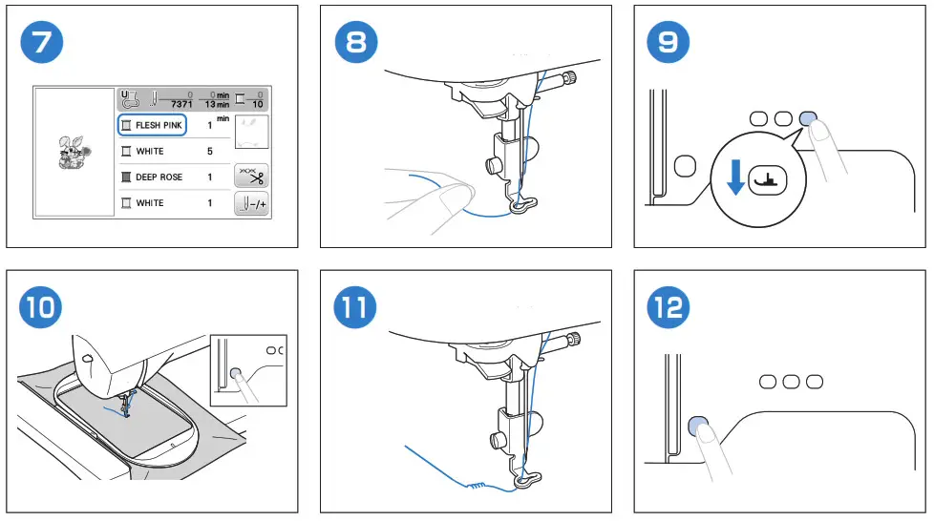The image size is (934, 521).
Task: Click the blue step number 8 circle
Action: [x=357, y=43]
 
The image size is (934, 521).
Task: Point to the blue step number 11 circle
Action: [x=357, y=307]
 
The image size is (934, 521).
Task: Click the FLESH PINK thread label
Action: [x=159, y=125]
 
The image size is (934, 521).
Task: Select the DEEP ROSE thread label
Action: [x=159, y=177]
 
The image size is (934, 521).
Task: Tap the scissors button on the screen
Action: [x=251, y=177]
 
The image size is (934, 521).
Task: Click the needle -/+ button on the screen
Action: [x=251, y=202]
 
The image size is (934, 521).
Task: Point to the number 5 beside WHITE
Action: [x=209, y=151]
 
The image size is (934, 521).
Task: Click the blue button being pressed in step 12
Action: [x=698, y=424]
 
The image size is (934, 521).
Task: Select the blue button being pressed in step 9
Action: [x=808, y=117]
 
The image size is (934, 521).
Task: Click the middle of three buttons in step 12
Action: [x=791, y=382]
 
